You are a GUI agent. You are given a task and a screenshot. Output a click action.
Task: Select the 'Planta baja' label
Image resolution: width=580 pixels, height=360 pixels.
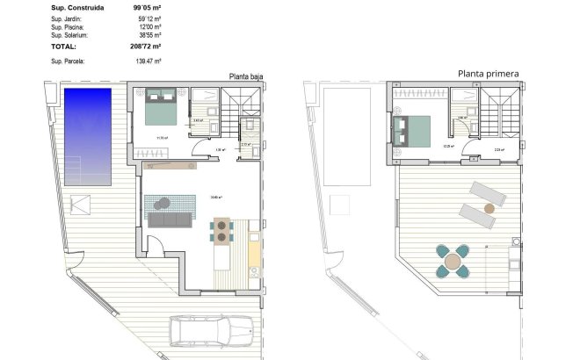coord(245,76)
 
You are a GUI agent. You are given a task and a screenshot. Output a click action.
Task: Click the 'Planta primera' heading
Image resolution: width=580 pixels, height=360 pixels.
coord(488,74)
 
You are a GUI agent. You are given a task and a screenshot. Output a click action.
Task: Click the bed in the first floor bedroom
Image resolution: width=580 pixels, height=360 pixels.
coord(413,130)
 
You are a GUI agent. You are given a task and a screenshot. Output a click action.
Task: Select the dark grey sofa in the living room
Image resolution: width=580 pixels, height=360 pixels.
coord(171,220)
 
